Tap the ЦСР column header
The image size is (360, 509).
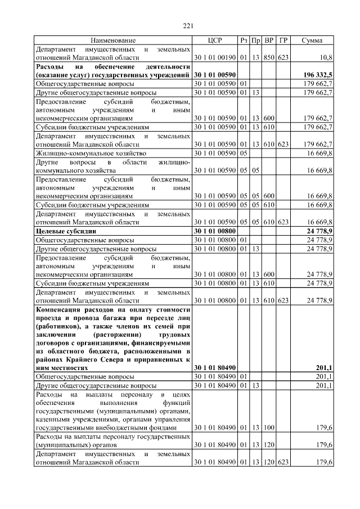click(215, 40)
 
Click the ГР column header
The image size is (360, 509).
click(283, 40)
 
